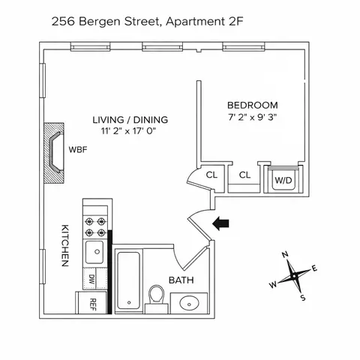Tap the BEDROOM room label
coord(252,106)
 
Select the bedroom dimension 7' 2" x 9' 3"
coord(252,117)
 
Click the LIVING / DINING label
coord(130,120)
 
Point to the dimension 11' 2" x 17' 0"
coord(130,132)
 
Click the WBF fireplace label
coord(79,150)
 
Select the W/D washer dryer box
coord(283,180)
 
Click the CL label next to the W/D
coord(244,175)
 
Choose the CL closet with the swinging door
coord(211,175)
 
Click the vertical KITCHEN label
coord(65,247)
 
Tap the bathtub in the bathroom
coord(129,278)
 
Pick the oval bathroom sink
coord(189,304)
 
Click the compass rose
coord(294,275)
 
